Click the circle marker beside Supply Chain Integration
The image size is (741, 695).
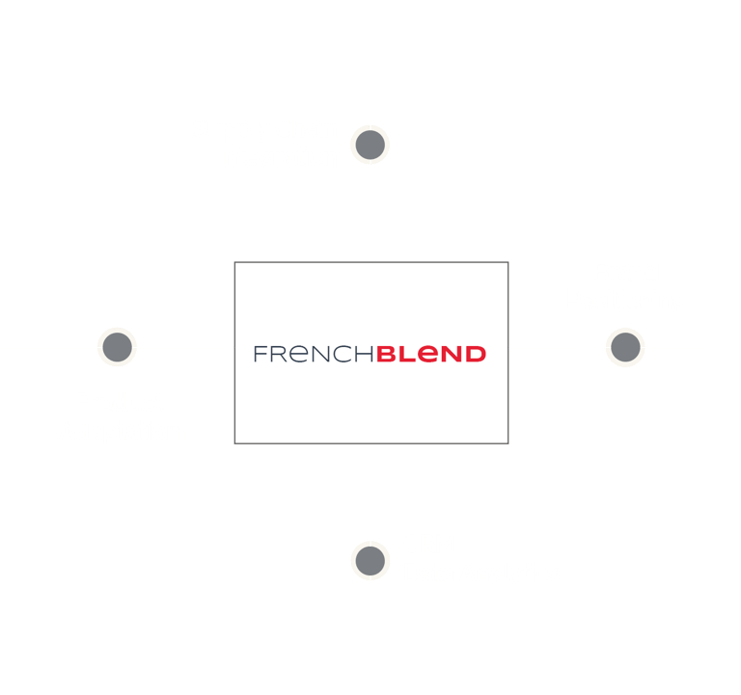click(370, 145)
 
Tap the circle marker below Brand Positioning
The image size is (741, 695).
click(624, 347)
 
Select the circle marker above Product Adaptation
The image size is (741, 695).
click(117, 346)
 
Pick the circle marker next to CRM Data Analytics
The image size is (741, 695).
click(370, 559)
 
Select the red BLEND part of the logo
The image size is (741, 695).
click(430, 354)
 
